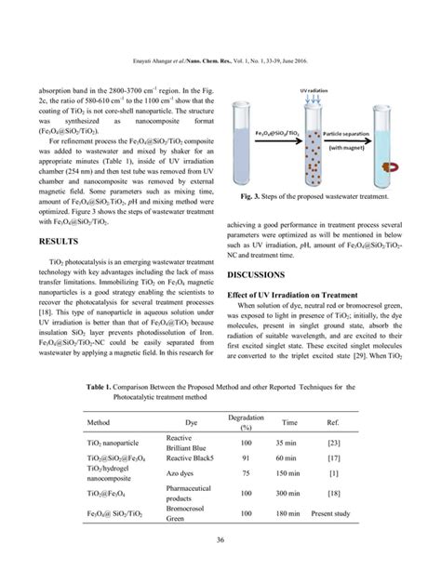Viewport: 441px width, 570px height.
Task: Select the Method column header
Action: coord(99,421)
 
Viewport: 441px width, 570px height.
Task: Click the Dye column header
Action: coord(192,421)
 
